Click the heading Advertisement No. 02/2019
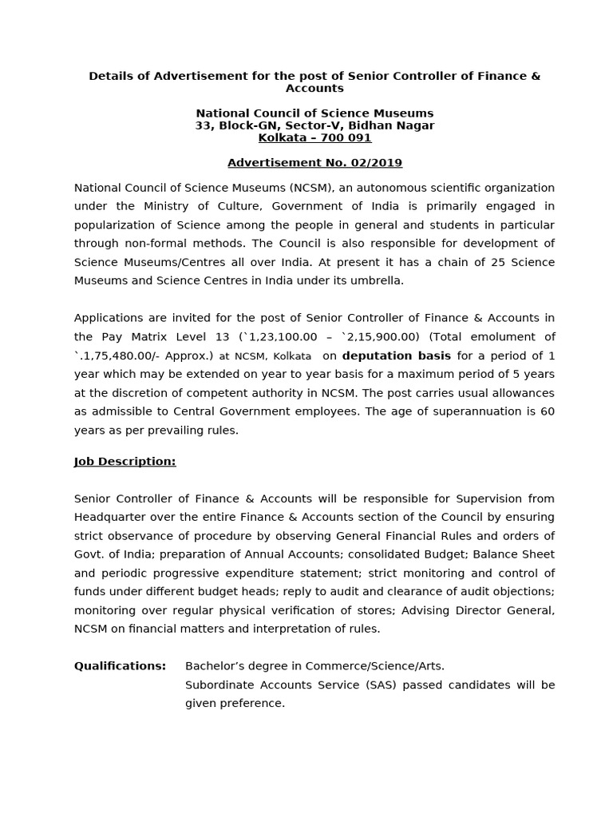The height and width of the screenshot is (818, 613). (314, 163)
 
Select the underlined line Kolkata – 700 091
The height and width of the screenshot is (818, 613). (314, 138)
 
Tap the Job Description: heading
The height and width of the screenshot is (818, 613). (125, 462)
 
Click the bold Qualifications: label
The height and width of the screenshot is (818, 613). (121, 666)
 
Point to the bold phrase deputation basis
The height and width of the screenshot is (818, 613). (396, 355)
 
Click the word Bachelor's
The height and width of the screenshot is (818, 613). (216, 666)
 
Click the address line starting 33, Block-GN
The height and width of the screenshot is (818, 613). (314, 125)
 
